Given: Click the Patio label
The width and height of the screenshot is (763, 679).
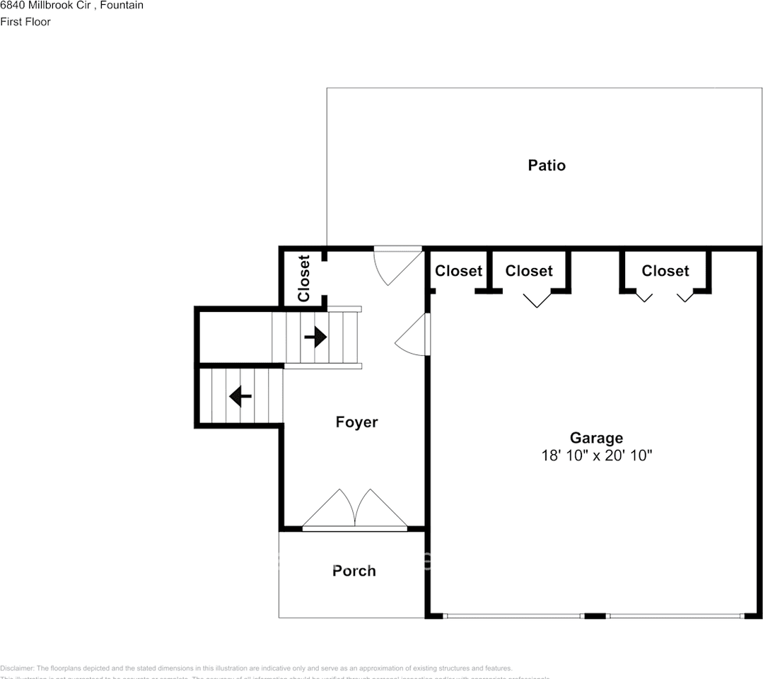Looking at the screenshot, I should (547, 166).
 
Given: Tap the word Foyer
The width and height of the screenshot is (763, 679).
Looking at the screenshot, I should (356, 422).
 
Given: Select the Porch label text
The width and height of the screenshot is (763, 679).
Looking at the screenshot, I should (354, 571).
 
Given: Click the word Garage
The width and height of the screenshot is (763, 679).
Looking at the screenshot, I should (596, 438).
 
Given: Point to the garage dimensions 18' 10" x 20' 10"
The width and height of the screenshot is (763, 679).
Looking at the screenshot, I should (596, 455).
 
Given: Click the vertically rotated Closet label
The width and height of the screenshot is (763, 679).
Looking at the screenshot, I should (304, 279).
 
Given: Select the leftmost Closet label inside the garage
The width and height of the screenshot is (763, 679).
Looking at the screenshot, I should (458, 271).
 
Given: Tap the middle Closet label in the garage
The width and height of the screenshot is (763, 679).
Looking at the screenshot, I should (529, 271).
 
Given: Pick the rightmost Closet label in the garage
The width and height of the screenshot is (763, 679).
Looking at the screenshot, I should (665, 271).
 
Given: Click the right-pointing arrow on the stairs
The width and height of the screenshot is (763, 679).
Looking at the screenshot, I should (315, 337).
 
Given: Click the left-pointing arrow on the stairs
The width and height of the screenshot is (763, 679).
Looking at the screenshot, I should (240, 397).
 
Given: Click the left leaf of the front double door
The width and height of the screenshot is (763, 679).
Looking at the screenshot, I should (328, 509).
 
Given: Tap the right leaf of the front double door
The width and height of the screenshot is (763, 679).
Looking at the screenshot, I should (380, 509).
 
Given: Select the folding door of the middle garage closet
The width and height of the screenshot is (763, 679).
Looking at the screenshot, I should (537, 300).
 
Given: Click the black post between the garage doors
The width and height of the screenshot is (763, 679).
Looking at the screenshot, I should (595, 616).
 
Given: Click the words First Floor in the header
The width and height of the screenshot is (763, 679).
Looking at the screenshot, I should (25, 21).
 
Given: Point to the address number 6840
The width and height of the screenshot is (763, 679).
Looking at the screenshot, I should (12, 6).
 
